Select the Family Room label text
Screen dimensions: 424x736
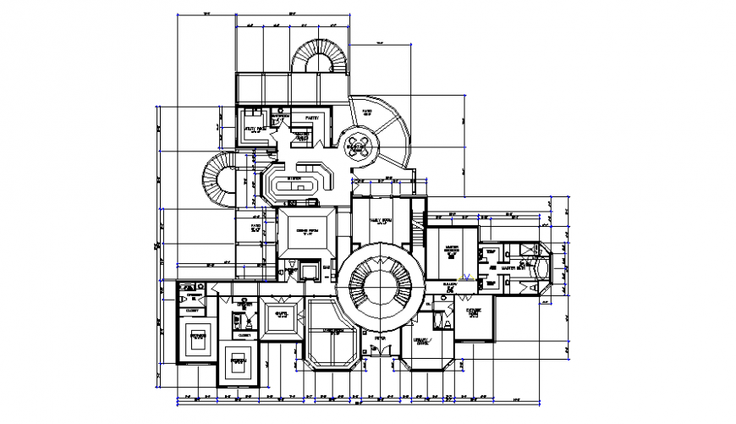pyautogui.click(x=382, y=221)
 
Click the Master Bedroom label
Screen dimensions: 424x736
pyautogui.click(x=448, y=251)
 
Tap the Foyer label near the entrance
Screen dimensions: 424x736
pyautogui.click(x=380, y=337)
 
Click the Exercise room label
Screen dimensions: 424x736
pyautogui.click(x=474, y=312)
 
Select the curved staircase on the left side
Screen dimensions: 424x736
pyautogui.click(x=222, y=180)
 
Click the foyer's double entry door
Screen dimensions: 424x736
pyautogui.click(x=380, y=356)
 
